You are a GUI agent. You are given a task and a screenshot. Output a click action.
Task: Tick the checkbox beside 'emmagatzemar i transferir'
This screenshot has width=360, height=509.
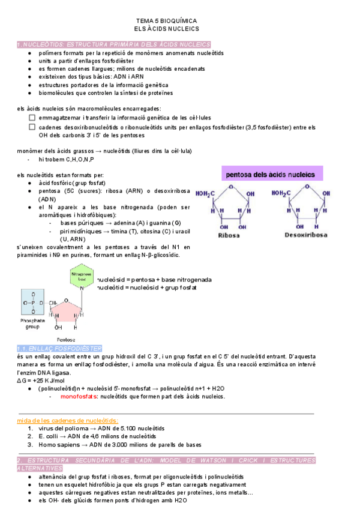click(32, 118)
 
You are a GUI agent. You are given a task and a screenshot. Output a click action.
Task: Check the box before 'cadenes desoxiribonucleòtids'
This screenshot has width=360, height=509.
click(32, 127)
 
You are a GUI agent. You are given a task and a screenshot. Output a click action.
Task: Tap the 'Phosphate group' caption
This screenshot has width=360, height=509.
click(34, 324)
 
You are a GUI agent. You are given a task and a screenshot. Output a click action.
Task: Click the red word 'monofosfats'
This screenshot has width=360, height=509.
click(80, 397)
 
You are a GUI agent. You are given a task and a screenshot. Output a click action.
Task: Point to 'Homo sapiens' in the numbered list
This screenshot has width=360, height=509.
click(59, 445)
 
